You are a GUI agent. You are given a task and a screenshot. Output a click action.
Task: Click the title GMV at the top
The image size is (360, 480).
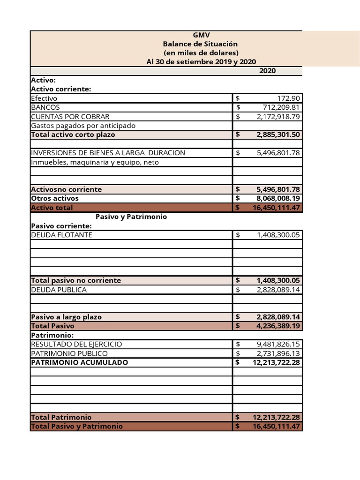202,35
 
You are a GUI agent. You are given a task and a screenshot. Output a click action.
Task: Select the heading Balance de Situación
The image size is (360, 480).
201,44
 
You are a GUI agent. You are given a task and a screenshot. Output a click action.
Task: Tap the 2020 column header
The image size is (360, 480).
267,71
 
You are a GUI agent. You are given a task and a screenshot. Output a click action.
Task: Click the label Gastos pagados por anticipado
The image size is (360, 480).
83,126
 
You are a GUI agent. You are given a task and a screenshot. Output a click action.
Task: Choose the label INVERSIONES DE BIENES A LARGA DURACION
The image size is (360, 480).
108,153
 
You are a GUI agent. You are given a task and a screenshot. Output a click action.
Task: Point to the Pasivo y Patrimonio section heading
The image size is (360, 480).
131,217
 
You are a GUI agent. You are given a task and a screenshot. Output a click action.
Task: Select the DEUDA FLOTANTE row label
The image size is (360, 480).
61,235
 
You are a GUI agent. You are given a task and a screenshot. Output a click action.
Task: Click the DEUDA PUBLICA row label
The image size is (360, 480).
59,290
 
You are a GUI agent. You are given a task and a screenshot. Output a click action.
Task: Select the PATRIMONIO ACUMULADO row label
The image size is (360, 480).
79,362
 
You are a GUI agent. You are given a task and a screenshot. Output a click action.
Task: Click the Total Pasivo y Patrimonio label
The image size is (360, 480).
77,426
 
